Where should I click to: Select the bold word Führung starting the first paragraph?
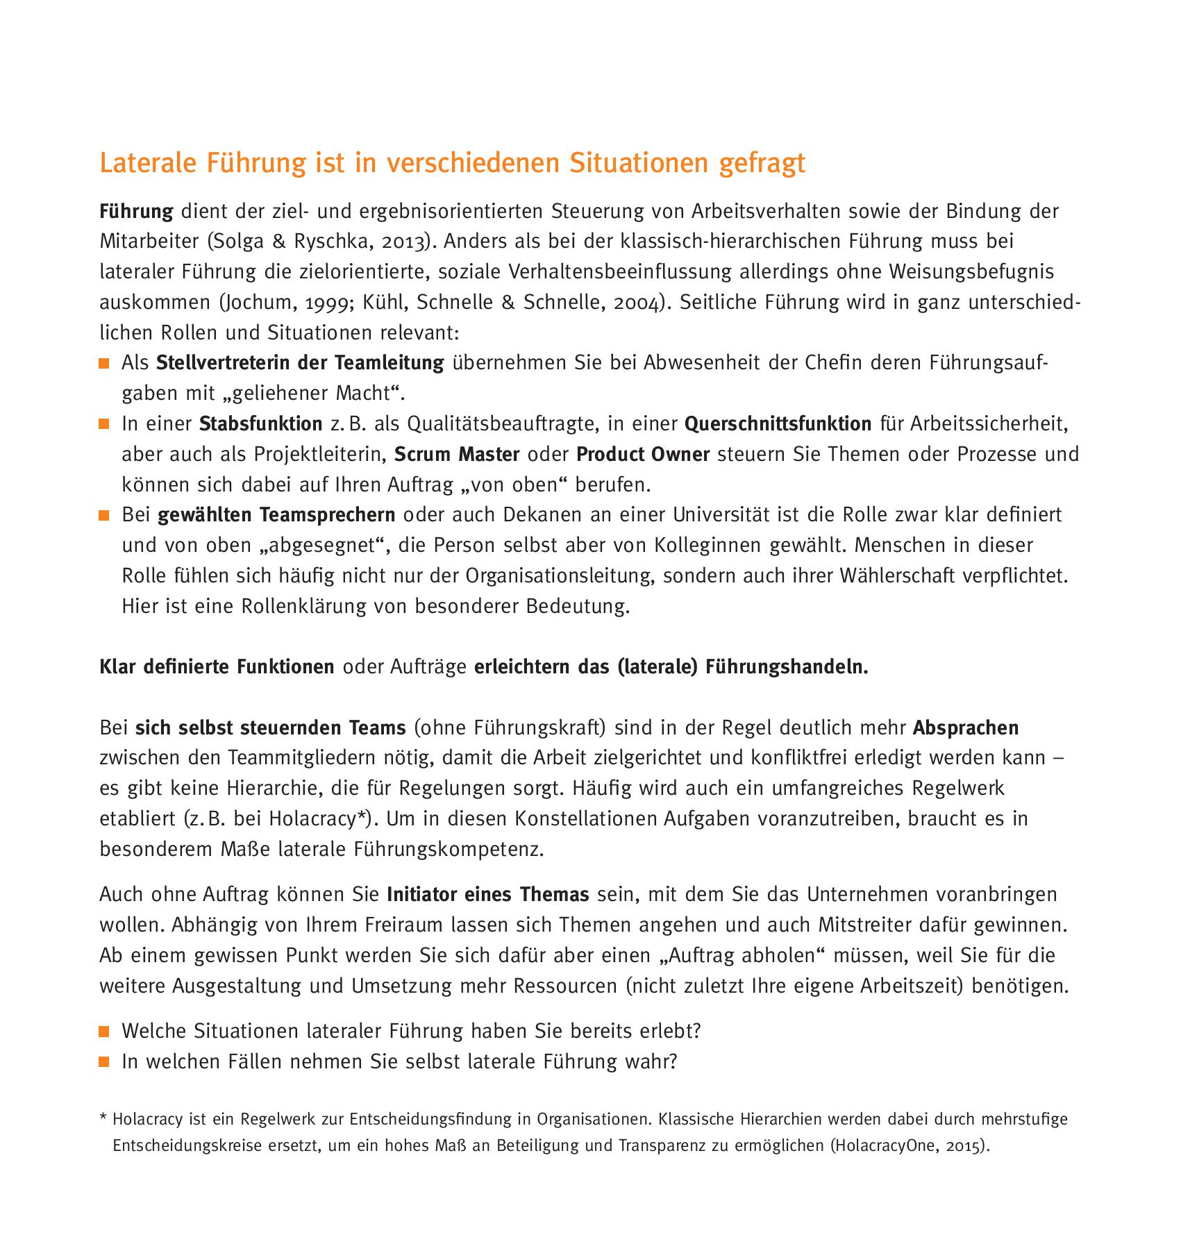point(136,211)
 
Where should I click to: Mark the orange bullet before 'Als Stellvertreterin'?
point(104,363)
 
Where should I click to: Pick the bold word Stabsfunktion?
point(260,423)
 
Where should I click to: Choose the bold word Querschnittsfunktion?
point(778,423)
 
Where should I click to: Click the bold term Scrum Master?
point(457,454)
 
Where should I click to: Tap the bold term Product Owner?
point(643,454)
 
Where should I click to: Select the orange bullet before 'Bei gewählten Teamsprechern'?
point(104,515)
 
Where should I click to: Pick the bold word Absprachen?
point(965,728)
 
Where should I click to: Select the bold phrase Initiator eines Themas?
point(487,894)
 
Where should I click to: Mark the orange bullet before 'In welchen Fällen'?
point(104,1062)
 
